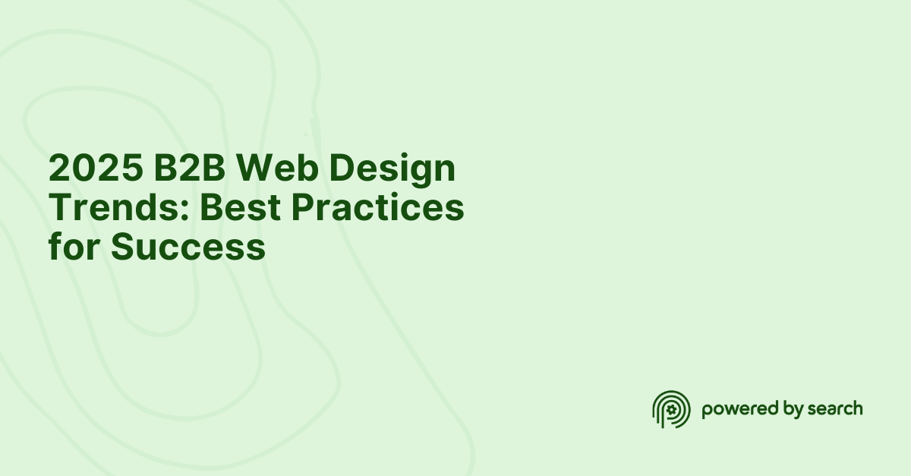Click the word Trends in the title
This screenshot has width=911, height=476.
click(x=112, y=208)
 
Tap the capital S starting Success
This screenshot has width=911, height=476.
click(x=125, y=247)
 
